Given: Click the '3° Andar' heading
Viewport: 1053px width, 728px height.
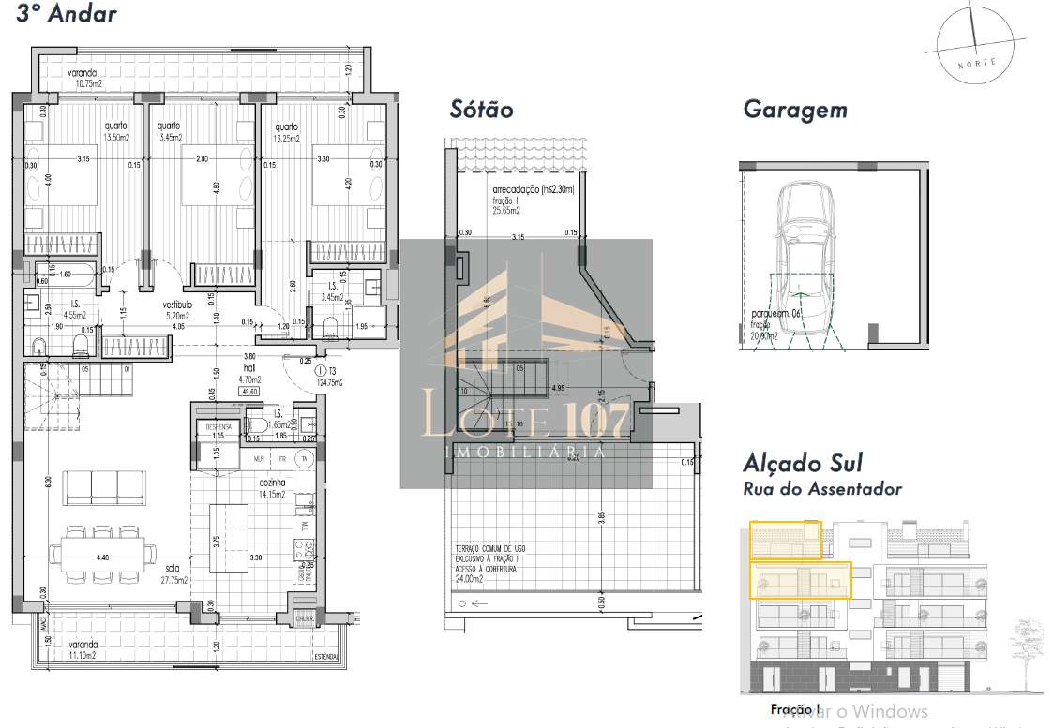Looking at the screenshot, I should [x=67, y=14].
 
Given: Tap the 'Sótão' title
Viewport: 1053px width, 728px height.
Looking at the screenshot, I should [x=482, y=109].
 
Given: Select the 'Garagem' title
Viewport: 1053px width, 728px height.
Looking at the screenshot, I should [x=794, y=109].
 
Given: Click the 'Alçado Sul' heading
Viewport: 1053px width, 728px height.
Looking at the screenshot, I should [x=802, y=463].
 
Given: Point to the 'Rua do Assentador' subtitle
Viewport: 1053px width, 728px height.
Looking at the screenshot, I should [x=822, y=488].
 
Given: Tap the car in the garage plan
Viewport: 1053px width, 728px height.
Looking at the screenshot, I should [x=804, y=259].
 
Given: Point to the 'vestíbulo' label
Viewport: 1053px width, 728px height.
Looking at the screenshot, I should [x=177, y=305].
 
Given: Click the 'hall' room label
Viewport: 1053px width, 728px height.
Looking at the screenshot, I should [x=223, y=368].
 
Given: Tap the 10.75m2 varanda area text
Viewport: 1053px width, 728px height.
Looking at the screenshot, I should [x=83, y=83].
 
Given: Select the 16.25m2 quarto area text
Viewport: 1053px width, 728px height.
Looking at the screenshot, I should [x=286, y=139].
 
